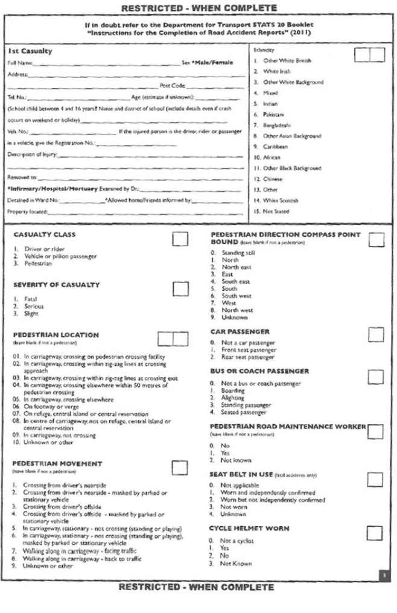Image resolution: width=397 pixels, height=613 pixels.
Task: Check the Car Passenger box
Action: pyautogui.click(x=376, y=334)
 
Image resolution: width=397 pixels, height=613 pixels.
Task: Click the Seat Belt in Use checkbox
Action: pyautogui.click(x=376, y=480)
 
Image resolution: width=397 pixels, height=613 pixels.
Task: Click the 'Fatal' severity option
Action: pyautogui.click(x=30, y=299)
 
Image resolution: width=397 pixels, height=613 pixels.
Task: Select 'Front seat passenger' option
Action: pyautogui.click(x=240, y=349)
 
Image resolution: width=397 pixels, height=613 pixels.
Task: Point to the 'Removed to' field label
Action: pyautogui.click(x=22, y=179)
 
